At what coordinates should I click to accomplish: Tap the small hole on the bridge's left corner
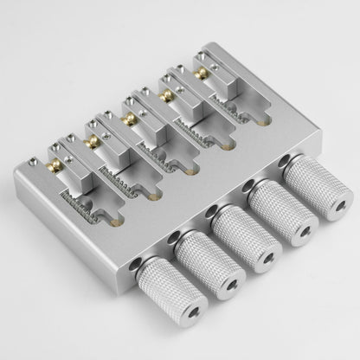click(33, 161)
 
